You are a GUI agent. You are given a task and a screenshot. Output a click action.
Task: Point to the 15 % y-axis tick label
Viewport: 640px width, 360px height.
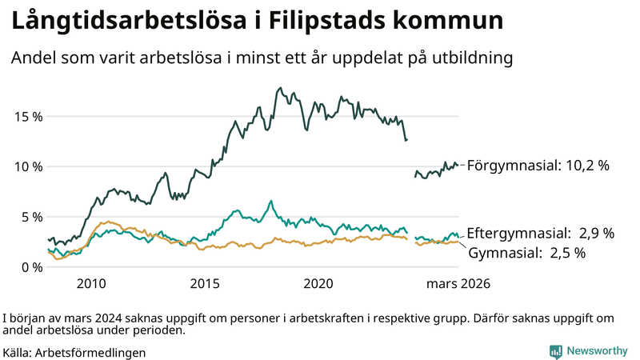click(x=28, y=116)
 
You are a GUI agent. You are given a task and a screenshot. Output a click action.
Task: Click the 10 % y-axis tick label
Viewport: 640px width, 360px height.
click(x=28, y=166)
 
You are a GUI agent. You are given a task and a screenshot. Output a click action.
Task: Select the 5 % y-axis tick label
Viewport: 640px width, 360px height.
click(x=31, y=217)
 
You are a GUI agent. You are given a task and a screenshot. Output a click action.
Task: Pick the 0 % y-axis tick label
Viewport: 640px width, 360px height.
click(x=31, y=267)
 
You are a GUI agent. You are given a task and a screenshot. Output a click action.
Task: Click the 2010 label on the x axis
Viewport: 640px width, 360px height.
click(x=91, y=284)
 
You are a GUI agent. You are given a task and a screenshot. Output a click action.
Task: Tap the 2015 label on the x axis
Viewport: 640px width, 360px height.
click(x=205, y=284)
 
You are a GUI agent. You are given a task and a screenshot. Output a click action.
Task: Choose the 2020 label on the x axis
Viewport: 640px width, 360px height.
click(x=318, y=284)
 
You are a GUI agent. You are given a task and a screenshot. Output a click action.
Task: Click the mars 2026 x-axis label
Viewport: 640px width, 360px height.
click(x=458, y=284)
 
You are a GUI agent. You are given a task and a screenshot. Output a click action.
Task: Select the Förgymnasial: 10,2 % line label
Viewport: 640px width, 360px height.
click(x=538, y=166)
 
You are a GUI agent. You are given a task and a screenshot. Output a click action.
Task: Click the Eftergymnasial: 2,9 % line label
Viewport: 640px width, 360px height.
click(x=540, y=234)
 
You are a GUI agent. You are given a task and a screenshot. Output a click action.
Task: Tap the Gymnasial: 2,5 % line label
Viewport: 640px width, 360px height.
click(x=527, y=253)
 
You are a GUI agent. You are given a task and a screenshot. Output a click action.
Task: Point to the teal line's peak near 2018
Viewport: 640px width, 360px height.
click(x=271, y=201)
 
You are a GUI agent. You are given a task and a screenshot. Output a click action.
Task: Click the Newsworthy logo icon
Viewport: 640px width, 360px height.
click(x=555, y=351)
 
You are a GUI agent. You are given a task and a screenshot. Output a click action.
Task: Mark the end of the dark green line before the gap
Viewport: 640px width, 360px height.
click(x=407, y=140)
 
